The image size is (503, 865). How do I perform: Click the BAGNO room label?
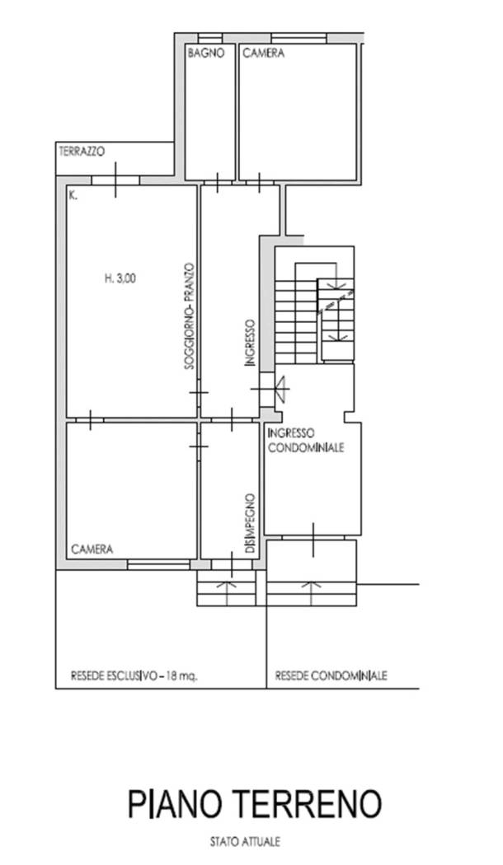[206, 54]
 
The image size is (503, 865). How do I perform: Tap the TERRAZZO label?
[82, 151]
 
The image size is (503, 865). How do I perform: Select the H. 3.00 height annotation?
[120, 278]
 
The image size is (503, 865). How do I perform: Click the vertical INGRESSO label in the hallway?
[251, 344]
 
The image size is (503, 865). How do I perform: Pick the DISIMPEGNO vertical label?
[251, 523]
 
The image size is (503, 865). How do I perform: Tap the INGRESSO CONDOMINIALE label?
[305, 440]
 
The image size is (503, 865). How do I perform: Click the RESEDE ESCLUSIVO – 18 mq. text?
[134, 676]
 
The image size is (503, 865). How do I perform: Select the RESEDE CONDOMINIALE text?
[331, 676]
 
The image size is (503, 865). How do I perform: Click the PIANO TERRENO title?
[255, 804]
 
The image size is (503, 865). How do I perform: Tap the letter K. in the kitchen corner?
[73, 194]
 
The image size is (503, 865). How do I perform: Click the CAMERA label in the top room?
[263, 54]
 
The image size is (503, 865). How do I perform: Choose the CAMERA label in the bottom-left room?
[92, 549]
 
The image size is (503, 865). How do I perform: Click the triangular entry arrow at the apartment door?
[282, 390]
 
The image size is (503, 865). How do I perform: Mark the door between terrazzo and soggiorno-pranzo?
[115, 180]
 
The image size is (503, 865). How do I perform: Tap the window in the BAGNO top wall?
[209, 38]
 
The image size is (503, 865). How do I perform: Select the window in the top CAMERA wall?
[299, 38]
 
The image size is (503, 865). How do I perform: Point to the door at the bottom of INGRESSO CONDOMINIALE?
[313, 539]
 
